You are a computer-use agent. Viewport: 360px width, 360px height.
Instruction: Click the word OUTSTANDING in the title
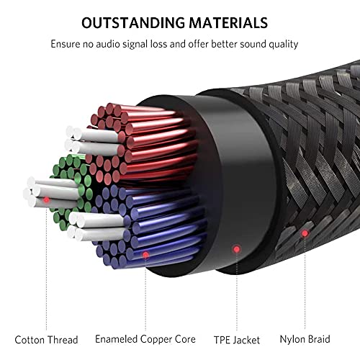point(133,23)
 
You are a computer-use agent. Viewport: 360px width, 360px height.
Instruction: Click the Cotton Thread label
point(46,340)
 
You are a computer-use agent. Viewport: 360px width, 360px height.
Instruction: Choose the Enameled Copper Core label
point(145,339)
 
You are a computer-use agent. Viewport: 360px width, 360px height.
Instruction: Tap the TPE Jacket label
point(237,340)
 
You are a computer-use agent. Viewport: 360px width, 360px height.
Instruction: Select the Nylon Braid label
point(305,339)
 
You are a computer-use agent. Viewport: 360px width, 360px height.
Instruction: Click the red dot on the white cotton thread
point(47,199)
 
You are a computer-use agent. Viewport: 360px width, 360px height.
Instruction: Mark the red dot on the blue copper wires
point(145,255)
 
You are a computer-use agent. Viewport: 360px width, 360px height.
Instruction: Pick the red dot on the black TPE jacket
point(237,249)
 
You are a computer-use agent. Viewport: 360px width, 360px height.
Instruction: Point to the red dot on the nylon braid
point(305,233)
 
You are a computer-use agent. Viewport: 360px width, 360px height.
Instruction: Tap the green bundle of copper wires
point(72,189)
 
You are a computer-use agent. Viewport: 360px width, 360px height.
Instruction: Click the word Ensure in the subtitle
point(66,44)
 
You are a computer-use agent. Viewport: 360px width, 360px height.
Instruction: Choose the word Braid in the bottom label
point(319,339)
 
